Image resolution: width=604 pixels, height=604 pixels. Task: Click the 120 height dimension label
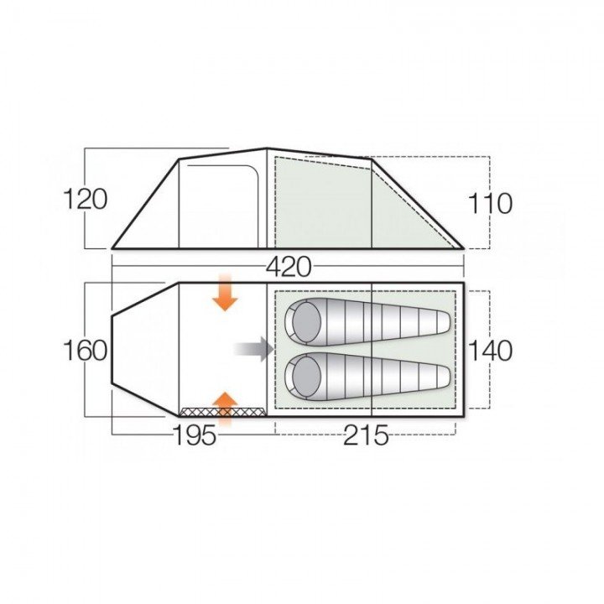point(85,199)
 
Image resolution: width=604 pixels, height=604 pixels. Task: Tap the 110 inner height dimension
point(490,203)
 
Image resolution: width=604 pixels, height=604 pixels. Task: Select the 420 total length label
point(289,267)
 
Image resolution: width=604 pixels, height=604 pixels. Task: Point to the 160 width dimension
point(85,351)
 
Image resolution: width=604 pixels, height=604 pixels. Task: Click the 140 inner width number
point(490,351)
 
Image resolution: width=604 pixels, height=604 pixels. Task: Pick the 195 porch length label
point(195,435)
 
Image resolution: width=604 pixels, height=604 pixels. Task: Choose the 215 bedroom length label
point(366,435)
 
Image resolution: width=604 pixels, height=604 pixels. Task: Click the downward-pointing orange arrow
point(225,293)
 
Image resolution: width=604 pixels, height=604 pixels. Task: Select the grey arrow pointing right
point(254,349)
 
